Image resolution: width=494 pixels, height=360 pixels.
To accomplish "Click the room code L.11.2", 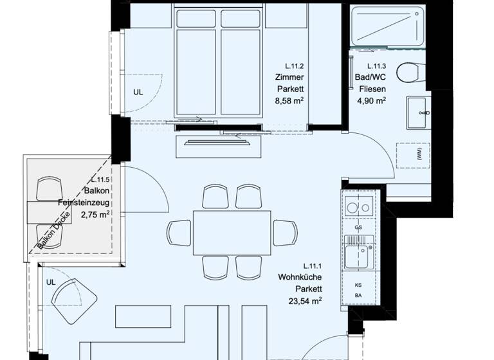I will pos(295,66).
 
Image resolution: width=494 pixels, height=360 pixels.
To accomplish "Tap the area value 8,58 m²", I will pos(289,101).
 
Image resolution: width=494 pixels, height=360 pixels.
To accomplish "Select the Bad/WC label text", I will pos(372,78).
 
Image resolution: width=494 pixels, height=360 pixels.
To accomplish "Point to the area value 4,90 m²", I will pos(372,101).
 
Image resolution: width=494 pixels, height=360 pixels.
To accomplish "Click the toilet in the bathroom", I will pos(408,72).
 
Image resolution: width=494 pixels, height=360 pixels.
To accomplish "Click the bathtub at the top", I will pos(388,25).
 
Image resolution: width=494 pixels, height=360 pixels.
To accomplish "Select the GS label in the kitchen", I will pos(358,228).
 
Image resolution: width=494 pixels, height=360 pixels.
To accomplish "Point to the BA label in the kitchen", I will pos(358,296).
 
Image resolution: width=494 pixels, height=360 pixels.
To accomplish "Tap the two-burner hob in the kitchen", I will pos(358,206).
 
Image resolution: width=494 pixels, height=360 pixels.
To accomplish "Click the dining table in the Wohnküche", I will pos(232,232).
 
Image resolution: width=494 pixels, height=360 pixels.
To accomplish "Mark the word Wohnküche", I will pos(300,277).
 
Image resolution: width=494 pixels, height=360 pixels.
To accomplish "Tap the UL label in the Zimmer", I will pos(138,92).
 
